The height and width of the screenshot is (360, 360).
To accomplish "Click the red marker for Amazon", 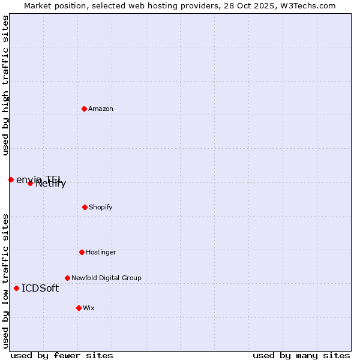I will point(84,109).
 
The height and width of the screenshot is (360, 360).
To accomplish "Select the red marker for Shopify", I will point(85,207).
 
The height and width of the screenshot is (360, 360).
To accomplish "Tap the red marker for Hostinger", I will point(82,252).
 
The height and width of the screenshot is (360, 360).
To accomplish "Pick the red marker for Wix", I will point(79,308).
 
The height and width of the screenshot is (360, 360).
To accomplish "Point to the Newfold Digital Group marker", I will point(67,278).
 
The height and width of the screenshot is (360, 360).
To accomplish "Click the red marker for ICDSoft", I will point(16,288).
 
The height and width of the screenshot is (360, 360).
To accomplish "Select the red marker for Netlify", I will point(30,183).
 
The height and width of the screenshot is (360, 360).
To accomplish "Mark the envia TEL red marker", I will point(11,179).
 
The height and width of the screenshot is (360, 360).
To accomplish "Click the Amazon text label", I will point(101,109).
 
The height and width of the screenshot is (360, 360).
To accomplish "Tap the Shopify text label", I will point(101,207).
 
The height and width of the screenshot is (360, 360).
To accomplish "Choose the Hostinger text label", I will point(101,252).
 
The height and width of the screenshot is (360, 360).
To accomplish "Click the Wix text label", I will point(89,308).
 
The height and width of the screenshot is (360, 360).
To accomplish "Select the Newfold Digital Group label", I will point(106,278).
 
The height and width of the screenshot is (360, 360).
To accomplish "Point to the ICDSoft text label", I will point(40,288).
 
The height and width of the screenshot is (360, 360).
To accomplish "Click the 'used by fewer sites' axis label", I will point(62,355).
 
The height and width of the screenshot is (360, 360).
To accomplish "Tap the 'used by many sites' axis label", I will point(301,355).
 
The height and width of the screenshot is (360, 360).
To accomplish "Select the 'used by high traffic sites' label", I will point(6,85).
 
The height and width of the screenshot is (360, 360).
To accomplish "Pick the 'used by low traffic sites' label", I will point(6,281).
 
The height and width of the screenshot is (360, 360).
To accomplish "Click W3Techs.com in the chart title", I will point(308,6).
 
